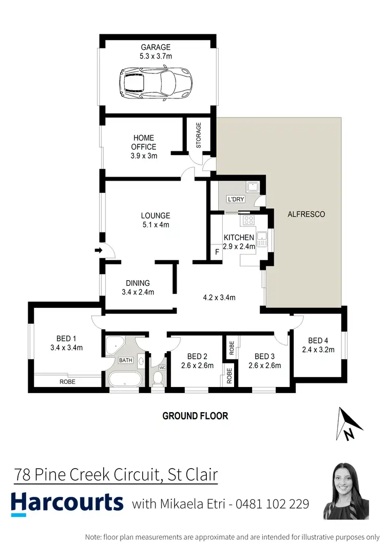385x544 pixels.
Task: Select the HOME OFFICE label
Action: pos(143,142)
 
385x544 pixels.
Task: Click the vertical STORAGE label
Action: pos(199,135)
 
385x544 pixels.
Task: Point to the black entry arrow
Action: pos(99,250)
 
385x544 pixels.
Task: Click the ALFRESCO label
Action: pos(306,214)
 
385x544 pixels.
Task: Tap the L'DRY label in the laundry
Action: pos(235,199)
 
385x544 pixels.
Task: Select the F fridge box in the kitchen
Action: pos(217,252)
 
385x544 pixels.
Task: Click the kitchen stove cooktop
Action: pos(248,220)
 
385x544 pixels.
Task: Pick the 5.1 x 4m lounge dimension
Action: pos(156,225)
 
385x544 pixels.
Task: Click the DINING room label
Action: pos(138,283)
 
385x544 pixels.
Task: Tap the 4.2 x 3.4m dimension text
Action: pos(219,298)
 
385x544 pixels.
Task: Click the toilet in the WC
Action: pos(158,378)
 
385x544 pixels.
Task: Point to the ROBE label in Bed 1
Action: pos(67,382)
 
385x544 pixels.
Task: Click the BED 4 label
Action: pos(318,341)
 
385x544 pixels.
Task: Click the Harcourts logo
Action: pos(67,503)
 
